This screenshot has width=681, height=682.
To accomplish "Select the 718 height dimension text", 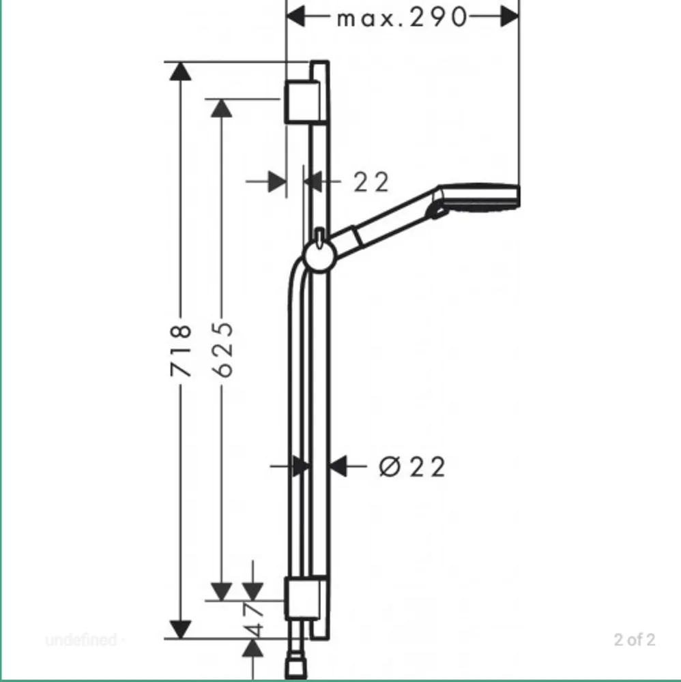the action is point(181,350).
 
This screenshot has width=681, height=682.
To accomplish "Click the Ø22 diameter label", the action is point(412,466).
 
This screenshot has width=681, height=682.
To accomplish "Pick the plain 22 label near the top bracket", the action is point(371,182).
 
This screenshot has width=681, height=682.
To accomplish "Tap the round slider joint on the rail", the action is point(319,256).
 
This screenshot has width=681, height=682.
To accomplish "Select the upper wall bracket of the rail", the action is point(302,102).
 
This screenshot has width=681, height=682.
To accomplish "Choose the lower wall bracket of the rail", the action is point(302,599).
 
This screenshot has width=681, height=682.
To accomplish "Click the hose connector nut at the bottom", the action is point(296,669).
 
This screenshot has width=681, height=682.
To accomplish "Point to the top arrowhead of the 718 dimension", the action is point(180,72).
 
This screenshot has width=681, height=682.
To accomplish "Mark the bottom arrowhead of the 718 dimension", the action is point(180,629).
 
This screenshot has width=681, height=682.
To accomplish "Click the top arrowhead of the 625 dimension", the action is point(222,108).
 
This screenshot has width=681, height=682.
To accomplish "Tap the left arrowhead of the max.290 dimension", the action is point(296,17).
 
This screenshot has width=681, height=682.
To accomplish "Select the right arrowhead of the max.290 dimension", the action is point(510,17).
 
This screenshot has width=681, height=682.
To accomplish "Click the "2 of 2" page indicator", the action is point(635,640).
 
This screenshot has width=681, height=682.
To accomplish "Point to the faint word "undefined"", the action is point(81,640).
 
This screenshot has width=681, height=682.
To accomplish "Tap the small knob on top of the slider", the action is point(320,237).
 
